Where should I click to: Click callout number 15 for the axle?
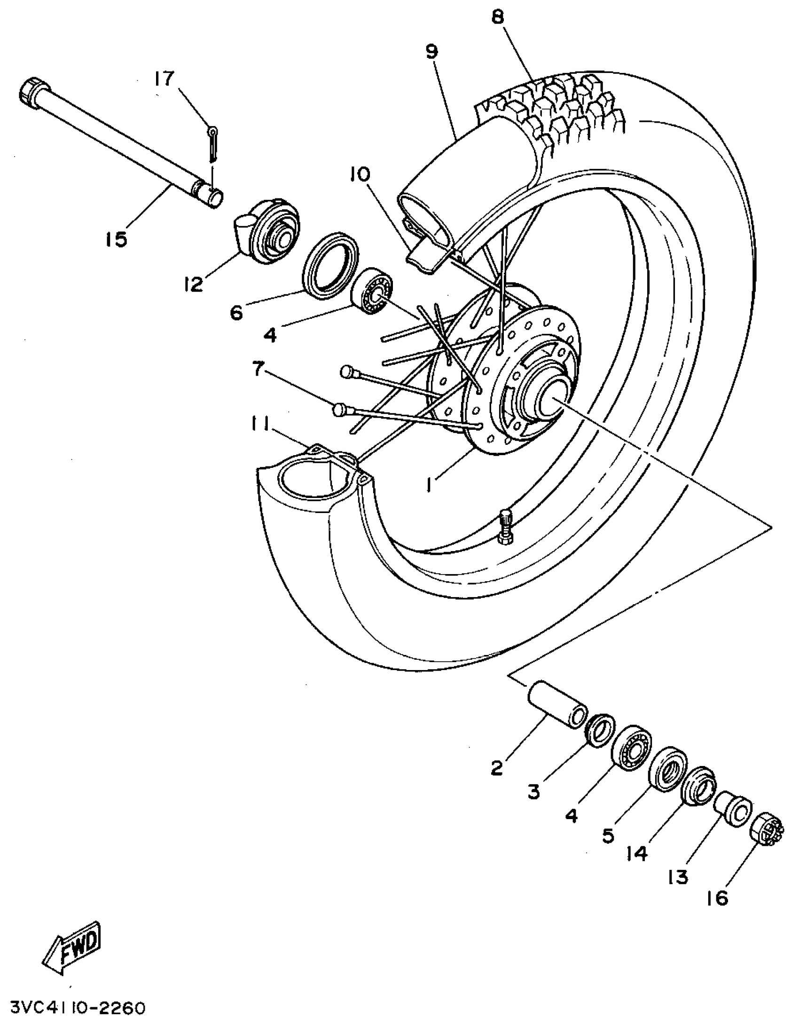click(117, 239)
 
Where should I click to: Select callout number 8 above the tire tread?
click(497, 17)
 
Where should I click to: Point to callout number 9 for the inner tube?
click(432, 51)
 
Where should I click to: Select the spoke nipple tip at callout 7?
click(340, 410)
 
